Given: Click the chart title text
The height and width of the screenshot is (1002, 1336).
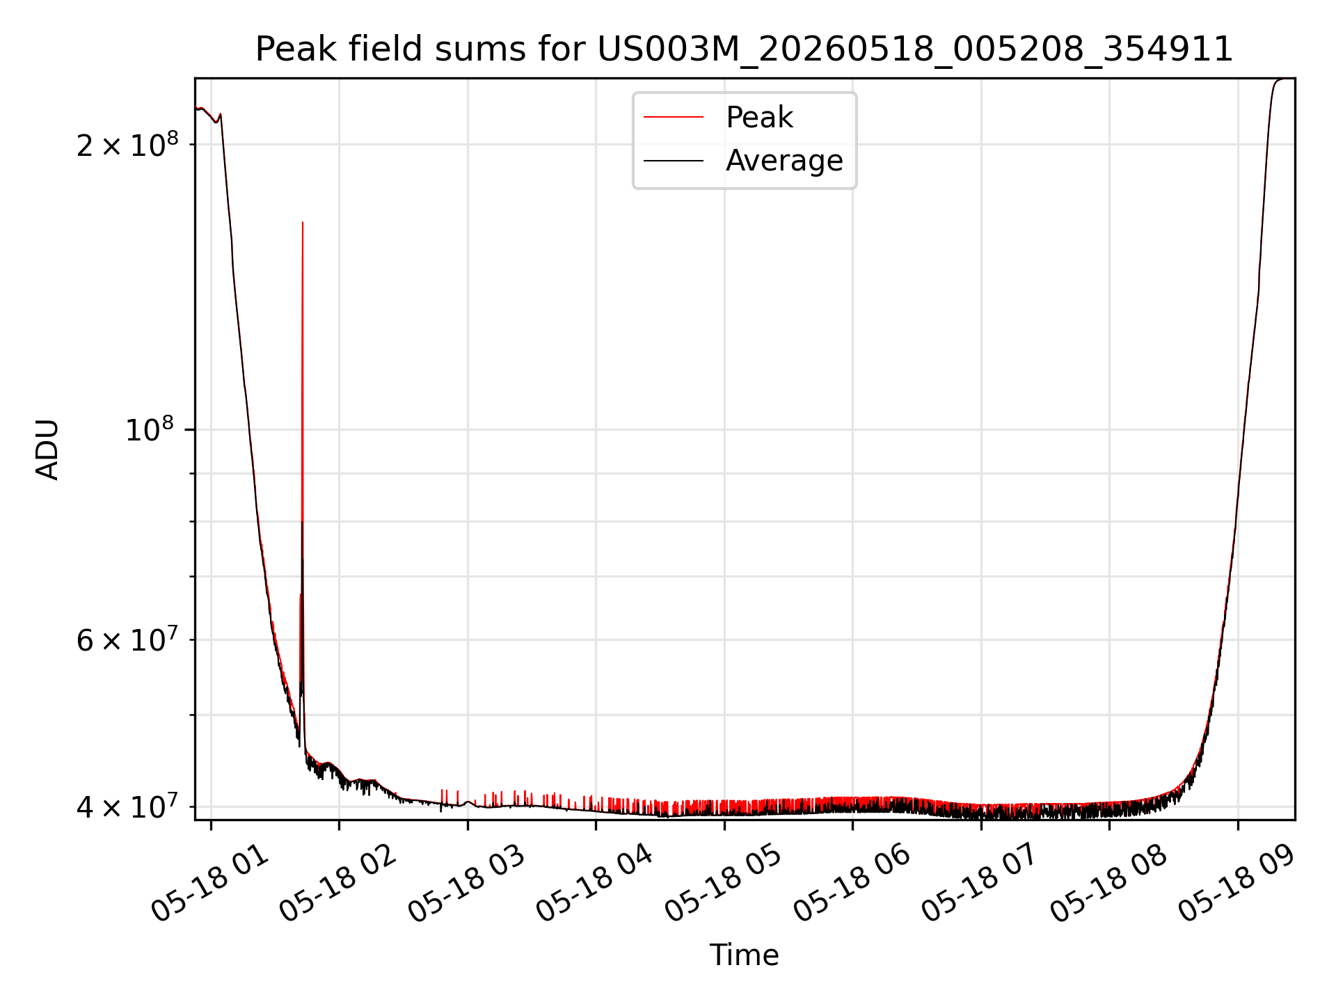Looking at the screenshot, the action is coord(744,49).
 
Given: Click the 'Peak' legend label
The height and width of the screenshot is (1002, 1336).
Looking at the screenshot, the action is coord(759,118).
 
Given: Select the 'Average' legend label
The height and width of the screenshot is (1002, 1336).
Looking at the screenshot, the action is coord(784,161).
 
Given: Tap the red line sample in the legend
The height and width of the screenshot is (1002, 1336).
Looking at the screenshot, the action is coord(674,118).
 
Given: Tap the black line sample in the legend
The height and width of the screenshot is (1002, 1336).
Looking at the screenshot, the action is coord(674,161).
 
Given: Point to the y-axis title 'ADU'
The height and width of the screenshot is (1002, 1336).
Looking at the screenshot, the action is coord(47,449).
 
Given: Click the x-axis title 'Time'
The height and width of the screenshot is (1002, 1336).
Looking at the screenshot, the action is coord(744,955).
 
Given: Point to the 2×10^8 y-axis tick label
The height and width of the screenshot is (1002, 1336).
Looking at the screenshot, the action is coord(127,143).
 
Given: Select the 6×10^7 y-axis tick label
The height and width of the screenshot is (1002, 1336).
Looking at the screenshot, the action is coord(127,639).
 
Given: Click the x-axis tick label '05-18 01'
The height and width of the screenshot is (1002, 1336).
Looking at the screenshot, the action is coord(209,882).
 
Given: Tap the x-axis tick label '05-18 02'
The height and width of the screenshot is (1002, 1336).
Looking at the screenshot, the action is coord(338,882).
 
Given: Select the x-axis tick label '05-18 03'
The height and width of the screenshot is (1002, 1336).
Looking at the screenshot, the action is coord(466,882).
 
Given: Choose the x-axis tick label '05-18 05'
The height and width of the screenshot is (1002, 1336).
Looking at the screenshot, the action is coord(724,882).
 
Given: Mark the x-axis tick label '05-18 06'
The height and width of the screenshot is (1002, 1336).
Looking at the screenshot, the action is coord(852,882).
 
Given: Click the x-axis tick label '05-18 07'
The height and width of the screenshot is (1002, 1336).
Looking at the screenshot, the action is coord(980,882).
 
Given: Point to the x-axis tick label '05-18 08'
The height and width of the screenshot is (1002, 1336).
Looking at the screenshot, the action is coord(1108,882).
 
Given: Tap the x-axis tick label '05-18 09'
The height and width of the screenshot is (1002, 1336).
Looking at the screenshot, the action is coord(1237,882).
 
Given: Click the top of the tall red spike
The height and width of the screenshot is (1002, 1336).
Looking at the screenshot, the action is coord(303,223).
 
